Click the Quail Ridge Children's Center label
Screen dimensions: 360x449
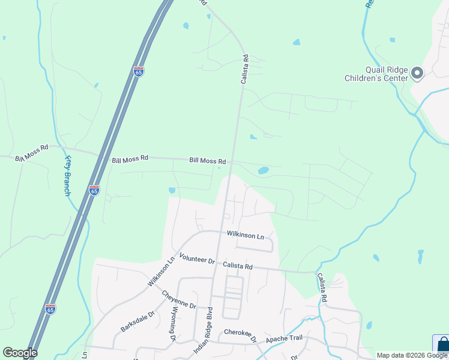376,73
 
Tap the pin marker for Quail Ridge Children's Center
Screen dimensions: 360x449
418,74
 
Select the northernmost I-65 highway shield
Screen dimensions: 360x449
139,72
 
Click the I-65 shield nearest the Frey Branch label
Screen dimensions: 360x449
94,190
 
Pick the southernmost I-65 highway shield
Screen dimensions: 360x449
50,309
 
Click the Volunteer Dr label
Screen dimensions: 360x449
196,260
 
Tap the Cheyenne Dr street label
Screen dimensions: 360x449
179,299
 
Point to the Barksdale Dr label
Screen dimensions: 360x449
137,321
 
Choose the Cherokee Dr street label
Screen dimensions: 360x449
240,335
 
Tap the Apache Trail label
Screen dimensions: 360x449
285,338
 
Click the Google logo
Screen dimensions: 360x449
20,353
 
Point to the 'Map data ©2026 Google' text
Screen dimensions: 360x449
412,355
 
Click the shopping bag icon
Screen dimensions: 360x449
442,346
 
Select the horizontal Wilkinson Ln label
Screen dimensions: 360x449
245,235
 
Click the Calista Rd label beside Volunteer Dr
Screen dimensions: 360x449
238,265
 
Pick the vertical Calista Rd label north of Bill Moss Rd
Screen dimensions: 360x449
245,69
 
